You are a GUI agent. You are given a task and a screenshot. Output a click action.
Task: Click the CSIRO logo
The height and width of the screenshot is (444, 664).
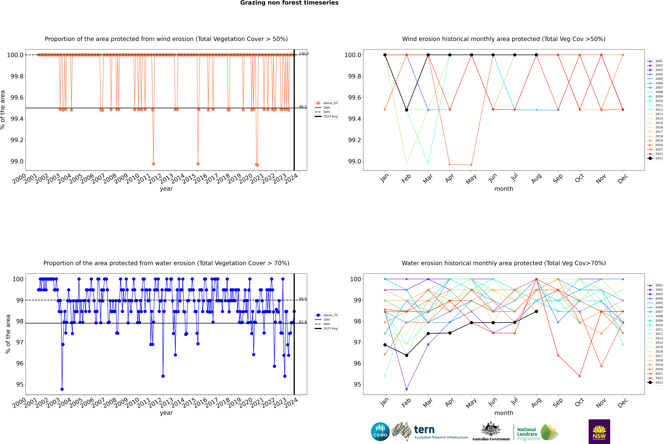coord(380,432)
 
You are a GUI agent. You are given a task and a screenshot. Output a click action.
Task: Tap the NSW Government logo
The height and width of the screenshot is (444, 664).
coord(599,432)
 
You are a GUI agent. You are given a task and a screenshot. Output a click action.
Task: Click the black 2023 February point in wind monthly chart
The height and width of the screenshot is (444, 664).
coord(406,110)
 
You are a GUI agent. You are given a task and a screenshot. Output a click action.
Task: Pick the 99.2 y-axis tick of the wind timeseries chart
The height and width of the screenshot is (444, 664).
coord(16,140)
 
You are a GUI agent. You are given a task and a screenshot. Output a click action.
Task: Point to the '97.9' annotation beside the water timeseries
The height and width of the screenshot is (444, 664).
coord(303,322)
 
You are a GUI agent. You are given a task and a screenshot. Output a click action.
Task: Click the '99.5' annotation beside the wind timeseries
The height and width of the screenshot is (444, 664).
coord(303,107)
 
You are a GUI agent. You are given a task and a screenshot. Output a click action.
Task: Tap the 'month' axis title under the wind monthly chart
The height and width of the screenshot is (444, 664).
coord(503,189)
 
